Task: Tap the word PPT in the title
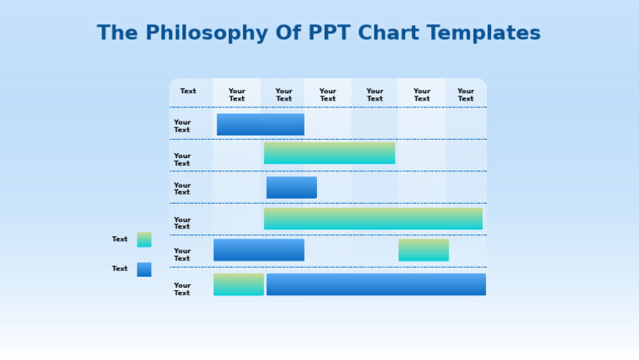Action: point(329,32)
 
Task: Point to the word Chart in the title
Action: point(389,32)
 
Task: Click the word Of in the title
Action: point(288,32)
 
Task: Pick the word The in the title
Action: point(117,32)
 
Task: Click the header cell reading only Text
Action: point(188,91)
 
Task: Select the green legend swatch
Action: point(144,239)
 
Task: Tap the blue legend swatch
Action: point(144,269)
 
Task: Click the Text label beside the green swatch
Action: point(120,239)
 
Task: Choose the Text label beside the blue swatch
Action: point(120,269)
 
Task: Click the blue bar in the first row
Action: point(260,124)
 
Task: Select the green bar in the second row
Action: point(329,153)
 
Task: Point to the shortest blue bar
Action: point(292,188)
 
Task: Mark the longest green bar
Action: point(374,219)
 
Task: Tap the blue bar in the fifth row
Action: point(259,249)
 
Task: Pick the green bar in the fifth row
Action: point(424,250)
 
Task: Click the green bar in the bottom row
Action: point(239,284)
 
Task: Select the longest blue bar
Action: point(376,284)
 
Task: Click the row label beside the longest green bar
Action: point(182,223)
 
